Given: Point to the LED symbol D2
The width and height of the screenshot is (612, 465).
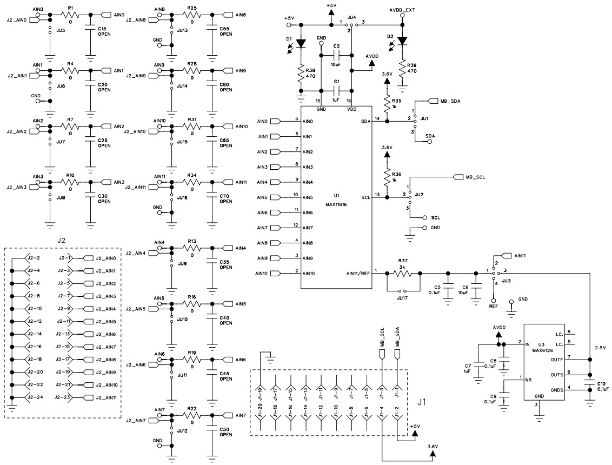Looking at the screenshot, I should click(402, 41).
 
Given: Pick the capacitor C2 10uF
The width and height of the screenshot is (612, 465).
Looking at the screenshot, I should click(336, 56).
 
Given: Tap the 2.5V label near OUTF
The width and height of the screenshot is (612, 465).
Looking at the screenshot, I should click(601, 348).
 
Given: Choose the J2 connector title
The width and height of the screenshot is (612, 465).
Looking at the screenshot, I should click(62, 239).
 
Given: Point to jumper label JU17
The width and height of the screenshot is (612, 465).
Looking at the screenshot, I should click(403, 297).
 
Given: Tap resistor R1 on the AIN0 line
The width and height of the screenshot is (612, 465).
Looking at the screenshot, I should click(70, 15).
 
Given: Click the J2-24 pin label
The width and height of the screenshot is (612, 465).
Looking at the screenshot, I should click(34, 397).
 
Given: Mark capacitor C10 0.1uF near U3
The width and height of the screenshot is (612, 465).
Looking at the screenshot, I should click(589, 385).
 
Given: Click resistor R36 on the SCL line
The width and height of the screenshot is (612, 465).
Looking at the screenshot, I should click(387, 177).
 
